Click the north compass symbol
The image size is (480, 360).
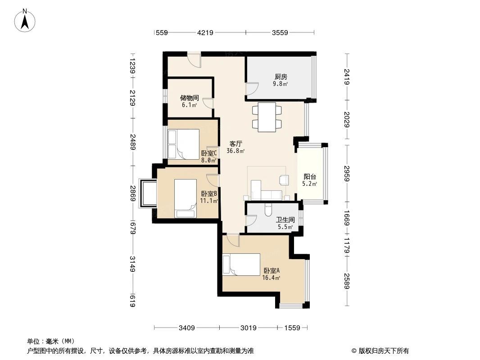(25, 20)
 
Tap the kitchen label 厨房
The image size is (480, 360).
(281, 76)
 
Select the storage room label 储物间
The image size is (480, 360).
(189, 98)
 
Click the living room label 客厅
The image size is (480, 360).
(235, 144)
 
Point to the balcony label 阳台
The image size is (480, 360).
(309, 177)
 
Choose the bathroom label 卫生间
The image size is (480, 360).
(285, 220)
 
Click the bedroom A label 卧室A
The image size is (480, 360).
(272, 271)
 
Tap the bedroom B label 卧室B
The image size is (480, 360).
(209, 193)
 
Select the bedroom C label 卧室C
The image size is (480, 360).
(209, 153)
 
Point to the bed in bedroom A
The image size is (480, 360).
(242, 264)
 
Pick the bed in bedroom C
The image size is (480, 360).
(183, 144)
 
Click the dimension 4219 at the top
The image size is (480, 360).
(205, 32)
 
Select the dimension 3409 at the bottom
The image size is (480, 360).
(186, 328)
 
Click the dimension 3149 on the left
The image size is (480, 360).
(132, 264)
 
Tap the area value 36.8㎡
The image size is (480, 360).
(235, 151)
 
